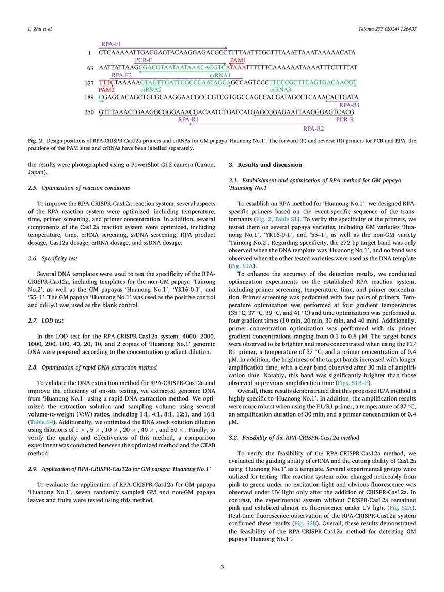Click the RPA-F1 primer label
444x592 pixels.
[x=112, y=45]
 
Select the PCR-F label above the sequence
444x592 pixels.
[x=144, y=60]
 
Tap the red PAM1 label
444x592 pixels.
[x=239, y=60]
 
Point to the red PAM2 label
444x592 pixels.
[x=106, y=90]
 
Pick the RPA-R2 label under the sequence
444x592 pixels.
[x=313, y=128]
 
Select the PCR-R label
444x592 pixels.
[x=345, y=120]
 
